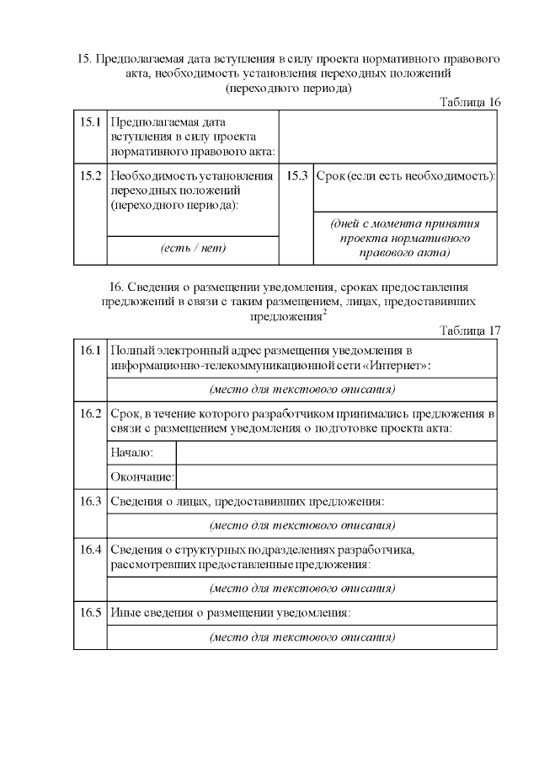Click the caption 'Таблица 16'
tap(470, 102)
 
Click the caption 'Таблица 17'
tap(470, 330)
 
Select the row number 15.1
tap(90, 122)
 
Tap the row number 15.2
tap(90, 176)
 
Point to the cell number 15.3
tap(296, 176)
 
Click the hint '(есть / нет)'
tap(193, 249)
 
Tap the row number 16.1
tap(90, 350)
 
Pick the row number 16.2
tap(90, 414)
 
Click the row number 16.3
tap(90, 502)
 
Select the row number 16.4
tap(90, 550)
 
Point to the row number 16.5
tap(90, 613)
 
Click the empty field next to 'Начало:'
tap(335, 454)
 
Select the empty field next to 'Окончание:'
tap(335, 477)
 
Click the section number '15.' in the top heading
tap(83, 59)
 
